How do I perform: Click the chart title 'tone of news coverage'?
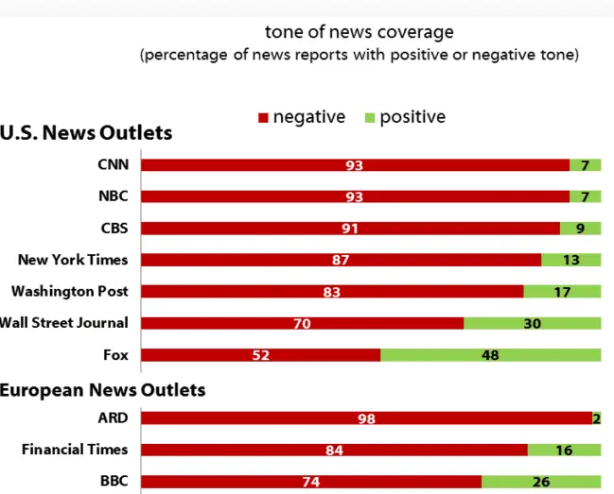click(359, 33)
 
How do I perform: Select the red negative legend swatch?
click(264, 118)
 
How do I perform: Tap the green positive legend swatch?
click(370, 118)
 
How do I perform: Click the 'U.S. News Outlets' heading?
click(86, 132)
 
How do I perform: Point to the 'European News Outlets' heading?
click(102, 388)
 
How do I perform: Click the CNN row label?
click(113, 164)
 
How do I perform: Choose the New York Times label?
click(73, 260)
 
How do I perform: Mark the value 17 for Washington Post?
click(562, 292)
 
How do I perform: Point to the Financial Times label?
click(75, 450)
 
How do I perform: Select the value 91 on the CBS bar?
click(350, 229)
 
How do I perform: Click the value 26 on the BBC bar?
click(541, 482)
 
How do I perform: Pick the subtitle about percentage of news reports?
click(359, 55)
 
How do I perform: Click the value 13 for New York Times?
click(571, 260)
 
